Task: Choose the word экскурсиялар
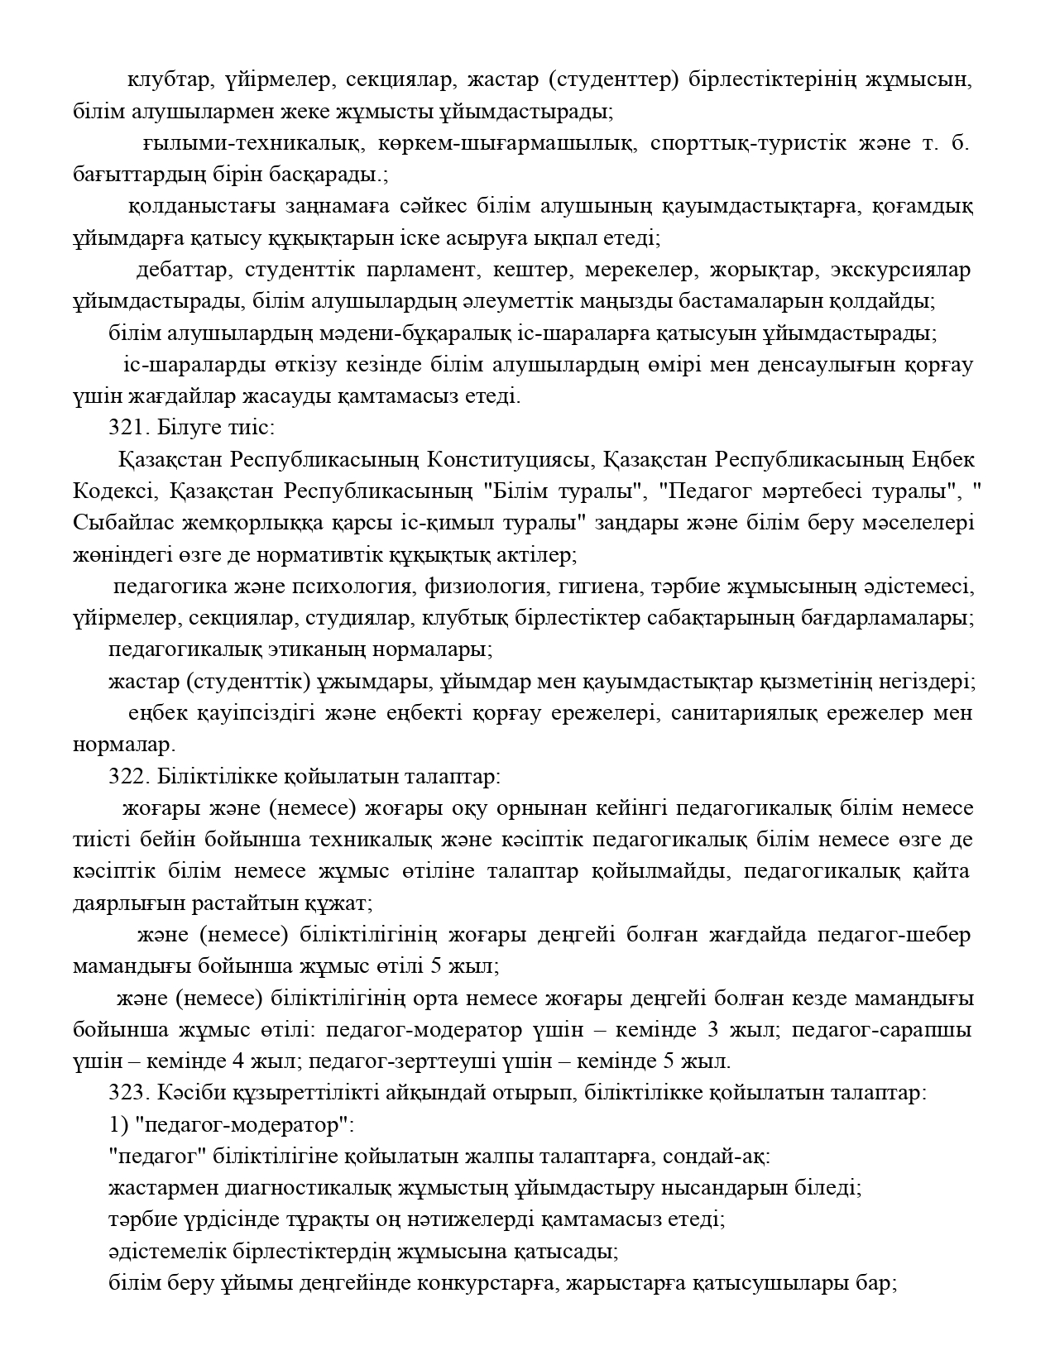(909, 271)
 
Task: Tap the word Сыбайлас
(115, 524)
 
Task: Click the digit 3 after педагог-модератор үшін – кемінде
(712, 1031)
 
